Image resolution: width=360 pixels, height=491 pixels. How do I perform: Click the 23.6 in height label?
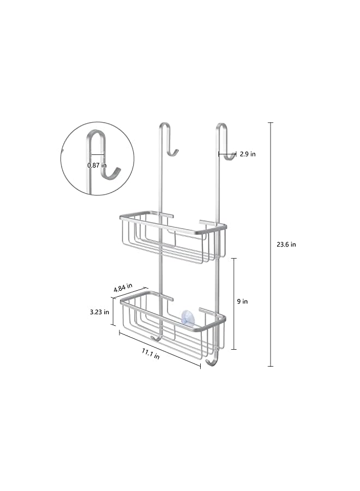coord(285,244)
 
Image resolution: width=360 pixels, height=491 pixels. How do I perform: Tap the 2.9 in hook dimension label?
coord(247,154)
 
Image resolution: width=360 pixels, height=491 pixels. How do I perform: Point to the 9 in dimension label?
coord(243,301)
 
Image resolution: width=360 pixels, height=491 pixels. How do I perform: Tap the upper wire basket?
coord(172,237)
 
